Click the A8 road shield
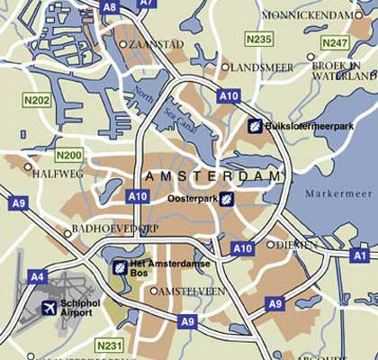point(109,6)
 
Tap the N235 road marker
point(259,39)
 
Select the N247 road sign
point(335,42)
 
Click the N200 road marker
point(68,156)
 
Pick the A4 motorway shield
point(37,276)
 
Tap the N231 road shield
point(109,345)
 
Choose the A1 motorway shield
point(362,255)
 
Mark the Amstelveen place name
point(193,291)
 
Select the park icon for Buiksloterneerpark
point(256,125)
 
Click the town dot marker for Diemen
point(270,244)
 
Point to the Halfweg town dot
point(28,166)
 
